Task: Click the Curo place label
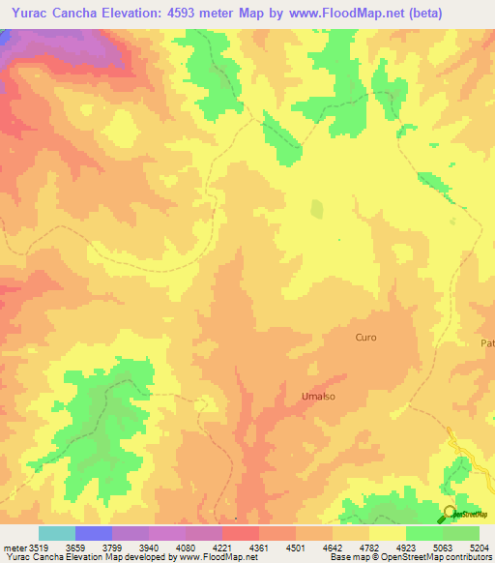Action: coord(365,338)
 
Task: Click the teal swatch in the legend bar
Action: coord(57,533)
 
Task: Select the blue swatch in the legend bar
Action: coord(94,533)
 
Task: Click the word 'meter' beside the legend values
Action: coord(15,547)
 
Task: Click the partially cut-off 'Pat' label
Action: coord(487,343)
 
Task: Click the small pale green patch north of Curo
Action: coord(317,210)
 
